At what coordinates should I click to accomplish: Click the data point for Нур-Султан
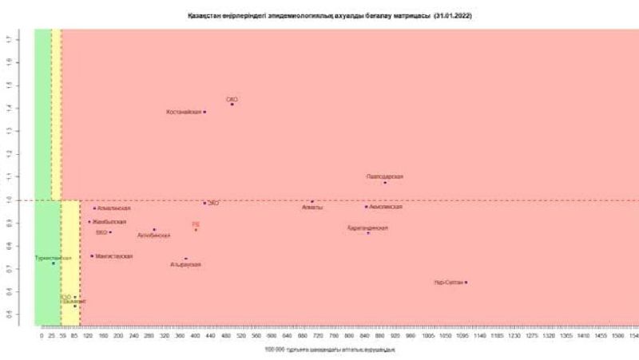(466, 282)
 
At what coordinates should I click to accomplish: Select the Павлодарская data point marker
(385, 183)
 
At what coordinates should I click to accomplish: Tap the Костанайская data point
(204, 112)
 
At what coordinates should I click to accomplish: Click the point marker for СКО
(232, 105)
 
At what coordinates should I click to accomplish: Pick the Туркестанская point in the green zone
(54, 263)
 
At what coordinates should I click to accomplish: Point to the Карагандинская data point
(368, 233)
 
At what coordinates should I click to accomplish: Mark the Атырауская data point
(186, 259)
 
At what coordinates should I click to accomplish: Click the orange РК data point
(196, 230)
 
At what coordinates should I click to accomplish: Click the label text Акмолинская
(386, 207)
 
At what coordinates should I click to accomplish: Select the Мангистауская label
(114, 256)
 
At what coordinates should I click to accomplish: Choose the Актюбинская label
(154, 235)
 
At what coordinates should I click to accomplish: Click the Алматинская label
(113, 208)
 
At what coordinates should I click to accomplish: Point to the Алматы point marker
(312, 202)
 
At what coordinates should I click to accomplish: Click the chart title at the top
(319, 15)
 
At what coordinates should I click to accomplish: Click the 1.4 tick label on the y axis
(7, 107)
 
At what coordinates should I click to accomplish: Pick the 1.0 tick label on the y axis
(7, 199)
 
